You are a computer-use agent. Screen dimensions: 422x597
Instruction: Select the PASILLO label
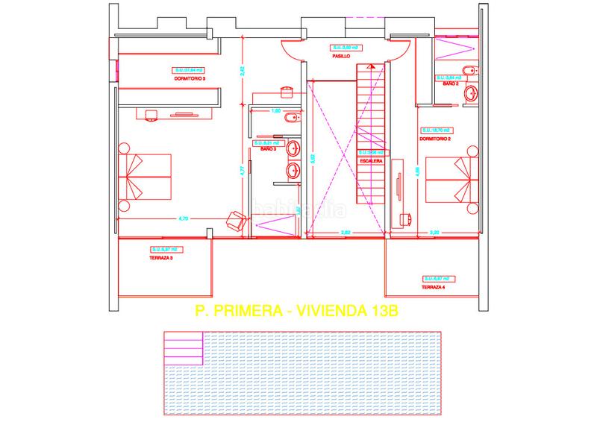[x=342, y=56]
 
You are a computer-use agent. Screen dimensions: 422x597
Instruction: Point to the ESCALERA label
[x=371, y=160]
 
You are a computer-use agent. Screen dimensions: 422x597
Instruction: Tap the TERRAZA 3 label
[x=161, y=258]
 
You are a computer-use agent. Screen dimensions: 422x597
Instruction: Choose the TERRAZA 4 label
[x=432, y=287]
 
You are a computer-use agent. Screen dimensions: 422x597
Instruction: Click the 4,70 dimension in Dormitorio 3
[x=182, y=218]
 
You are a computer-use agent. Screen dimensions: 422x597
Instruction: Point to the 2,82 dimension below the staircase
[x=346, y=233]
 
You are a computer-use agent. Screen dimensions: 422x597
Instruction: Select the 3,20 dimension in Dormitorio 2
[x=434, y=233]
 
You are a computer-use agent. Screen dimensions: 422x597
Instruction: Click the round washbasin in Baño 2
[x=470, y=94]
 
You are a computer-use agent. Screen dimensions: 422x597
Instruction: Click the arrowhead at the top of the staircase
[x=372, y=66]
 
